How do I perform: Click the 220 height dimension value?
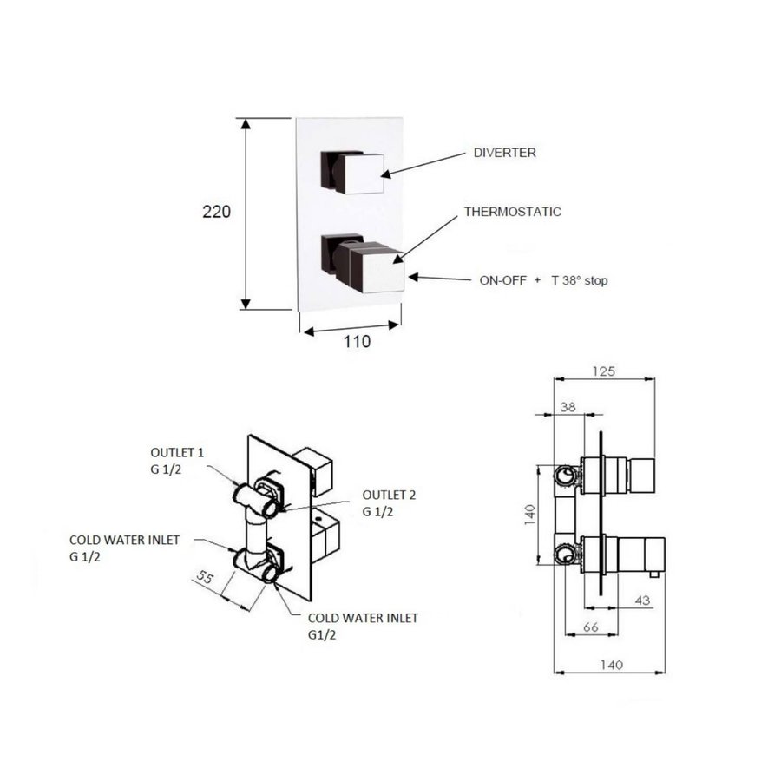(216, 212)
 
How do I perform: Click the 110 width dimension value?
(356, 341)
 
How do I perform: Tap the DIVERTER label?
(504, 153)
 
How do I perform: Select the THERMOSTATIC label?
(512, 211)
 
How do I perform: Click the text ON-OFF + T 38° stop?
(549, 280)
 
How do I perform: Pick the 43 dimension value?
(642, 600)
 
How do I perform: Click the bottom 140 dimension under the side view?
(612, 665)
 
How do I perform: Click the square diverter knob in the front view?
(360, 172)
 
